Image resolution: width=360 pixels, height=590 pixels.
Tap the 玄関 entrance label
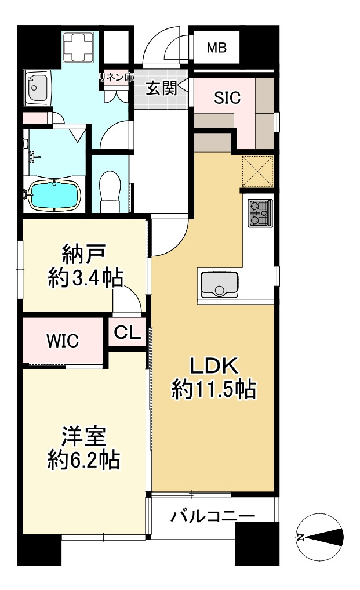160,89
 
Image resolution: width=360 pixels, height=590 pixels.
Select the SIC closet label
227,98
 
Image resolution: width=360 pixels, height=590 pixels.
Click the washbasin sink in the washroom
38,88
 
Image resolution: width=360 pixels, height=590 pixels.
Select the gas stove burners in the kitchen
259,213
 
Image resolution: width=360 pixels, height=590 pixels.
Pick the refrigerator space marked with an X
257,171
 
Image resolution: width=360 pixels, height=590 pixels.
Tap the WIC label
63,341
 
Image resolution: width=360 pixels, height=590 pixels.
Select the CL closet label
126,332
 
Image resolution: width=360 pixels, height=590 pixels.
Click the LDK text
214,366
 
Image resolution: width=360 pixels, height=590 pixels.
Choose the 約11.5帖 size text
214,390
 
